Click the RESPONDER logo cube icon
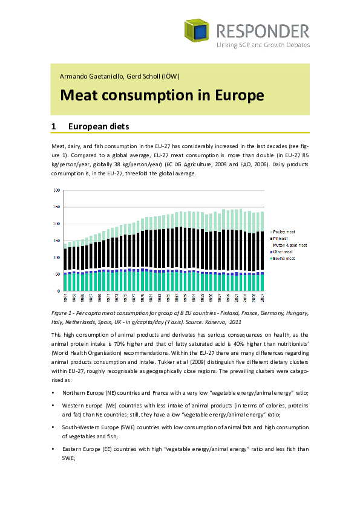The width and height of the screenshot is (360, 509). [x=197, y=31]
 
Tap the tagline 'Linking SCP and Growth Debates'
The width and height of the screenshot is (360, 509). [x=262, y=45]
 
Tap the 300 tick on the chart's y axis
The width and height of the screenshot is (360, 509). [x=57, y=190]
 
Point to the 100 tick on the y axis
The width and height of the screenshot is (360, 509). [x=57, y=258]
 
